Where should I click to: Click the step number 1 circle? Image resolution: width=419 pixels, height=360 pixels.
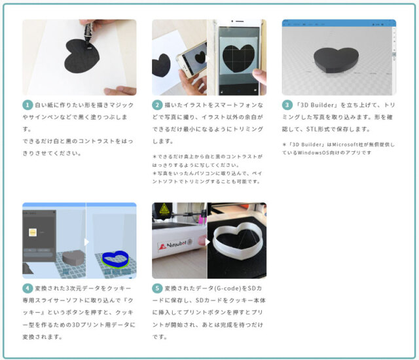pos(27,105)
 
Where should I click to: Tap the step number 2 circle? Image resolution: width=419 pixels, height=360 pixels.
pos(157,105)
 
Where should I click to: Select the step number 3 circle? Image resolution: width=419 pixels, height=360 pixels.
pos(287,105)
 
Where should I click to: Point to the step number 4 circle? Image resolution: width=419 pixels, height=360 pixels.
pos(27,289)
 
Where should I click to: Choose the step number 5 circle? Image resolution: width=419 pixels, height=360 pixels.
pos(157,289)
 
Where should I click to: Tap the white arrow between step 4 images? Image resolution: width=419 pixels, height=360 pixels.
pos(86,242)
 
